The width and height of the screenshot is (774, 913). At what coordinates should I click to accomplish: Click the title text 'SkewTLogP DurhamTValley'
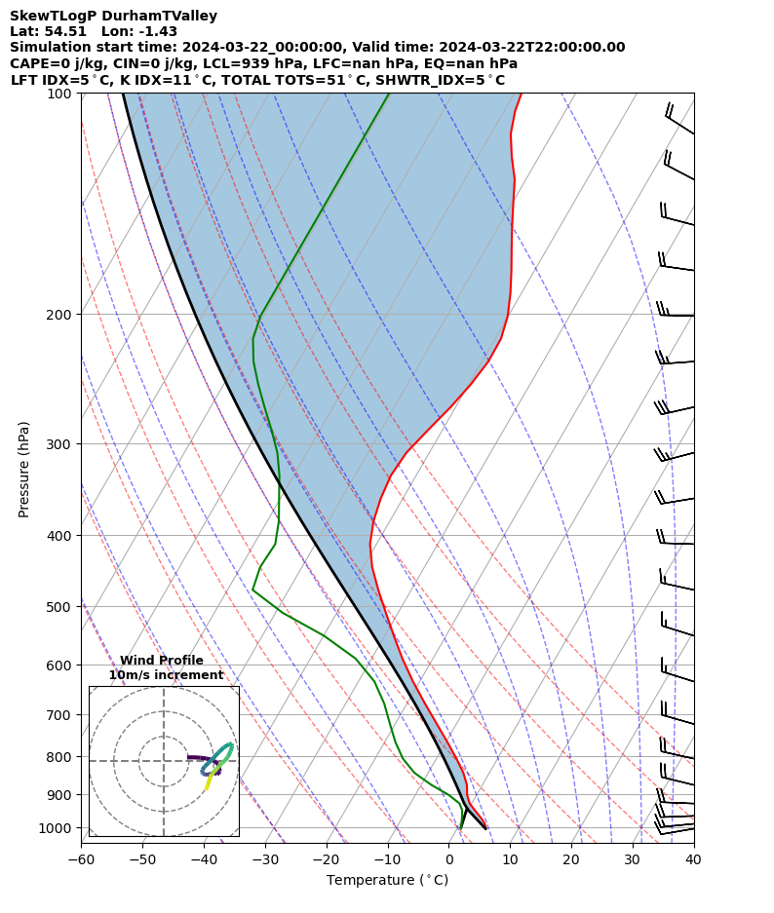pos(113,17)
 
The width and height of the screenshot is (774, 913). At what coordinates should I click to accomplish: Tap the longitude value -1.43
pos(158,32)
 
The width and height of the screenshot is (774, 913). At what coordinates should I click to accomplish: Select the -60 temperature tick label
pos(81,860)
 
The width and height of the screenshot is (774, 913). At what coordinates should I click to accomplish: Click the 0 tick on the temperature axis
pos(449,860)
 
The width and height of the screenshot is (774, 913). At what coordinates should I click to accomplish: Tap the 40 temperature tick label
pos(693,860)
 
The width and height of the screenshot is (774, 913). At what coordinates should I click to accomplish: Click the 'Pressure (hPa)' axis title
pos(24,469)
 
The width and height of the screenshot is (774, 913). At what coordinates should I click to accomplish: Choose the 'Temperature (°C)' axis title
pos(387,881)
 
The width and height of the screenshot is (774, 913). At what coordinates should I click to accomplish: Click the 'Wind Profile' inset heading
pos(162,661)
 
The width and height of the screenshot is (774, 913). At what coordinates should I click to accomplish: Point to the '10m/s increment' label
pos(166,675)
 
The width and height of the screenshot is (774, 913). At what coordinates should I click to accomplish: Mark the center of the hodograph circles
pos(164,761)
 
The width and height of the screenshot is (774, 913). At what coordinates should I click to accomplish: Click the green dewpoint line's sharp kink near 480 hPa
pos(252,590)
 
